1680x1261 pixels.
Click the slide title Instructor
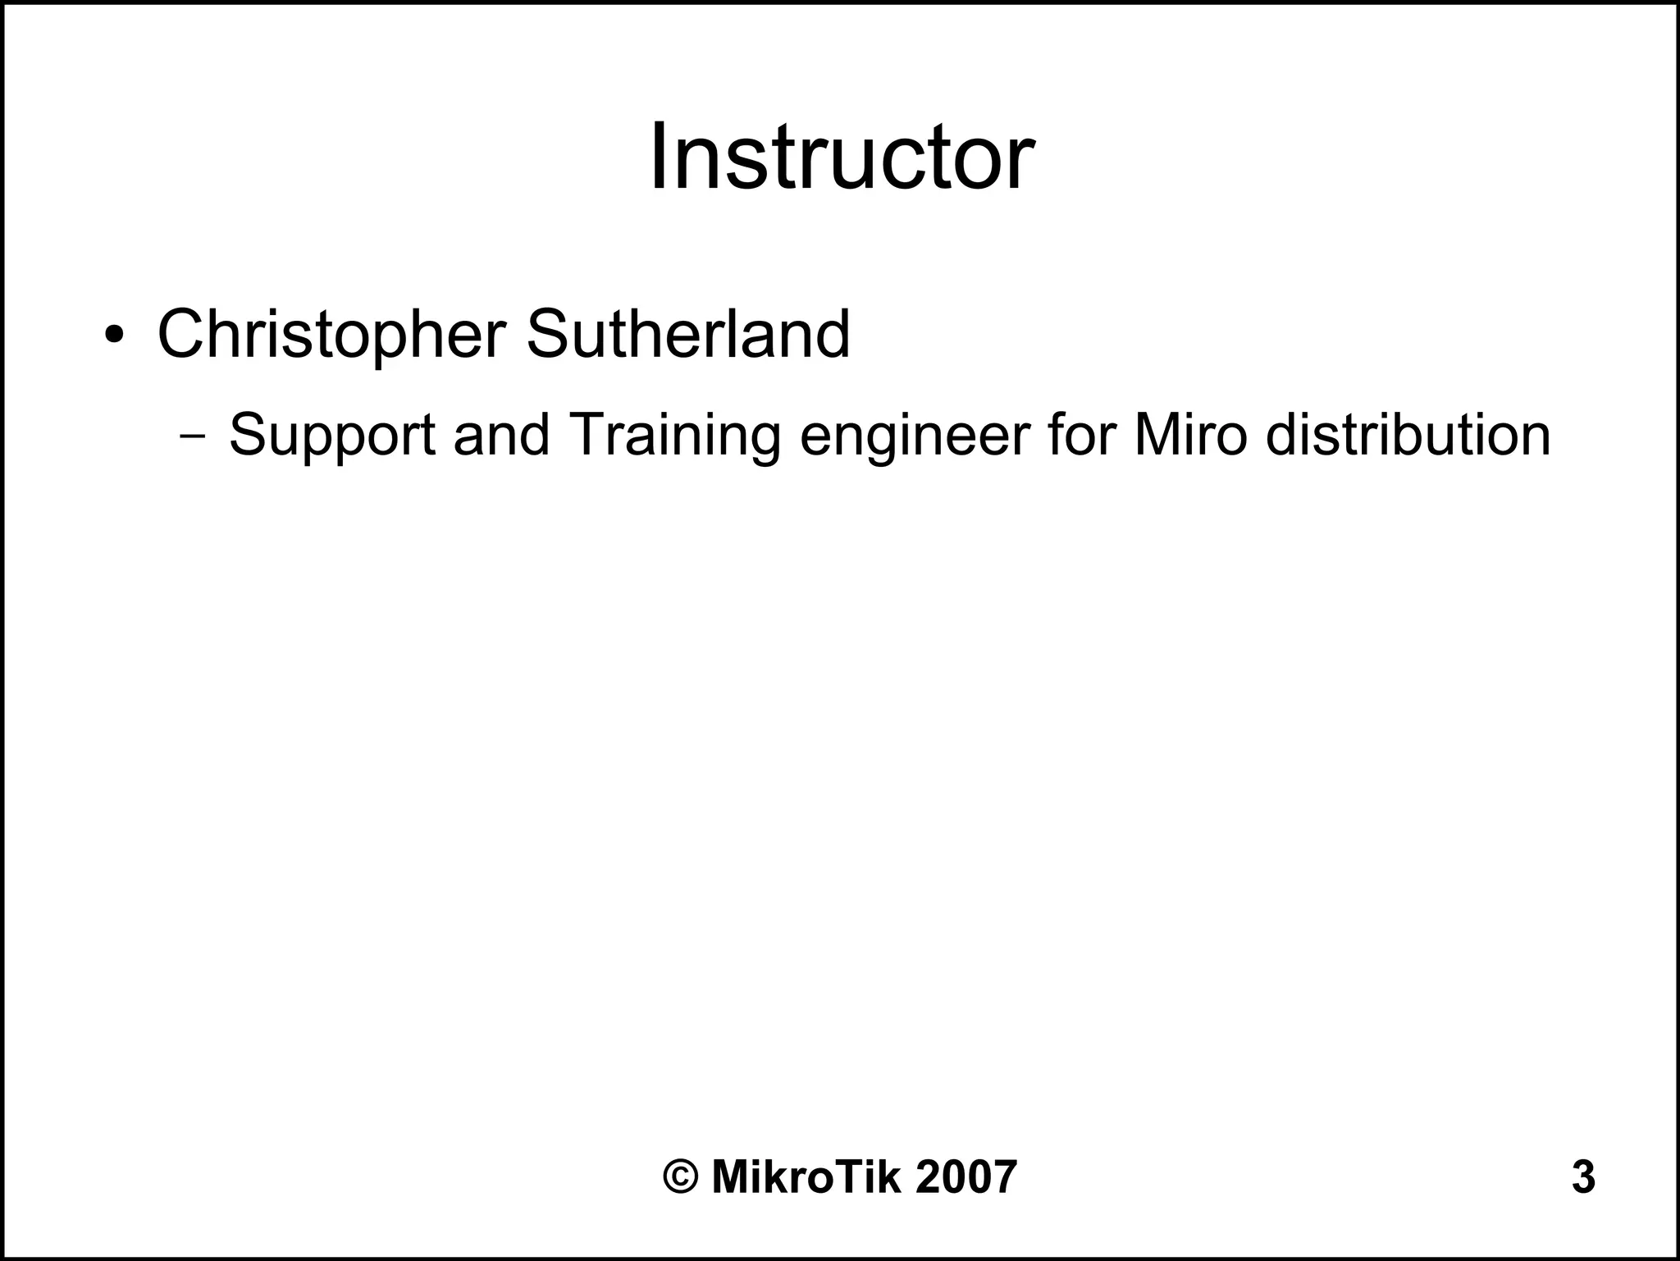point(841,157)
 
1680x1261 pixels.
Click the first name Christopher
point(331,336)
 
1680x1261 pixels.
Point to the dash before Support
point(192,436)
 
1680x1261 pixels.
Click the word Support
point(331,436)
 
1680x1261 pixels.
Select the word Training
point(673,436)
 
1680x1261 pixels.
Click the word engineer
point(913,436)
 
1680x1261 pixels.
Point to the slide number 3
point(1583,1177)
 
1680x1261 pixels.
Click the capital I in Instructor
point(659,157)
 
